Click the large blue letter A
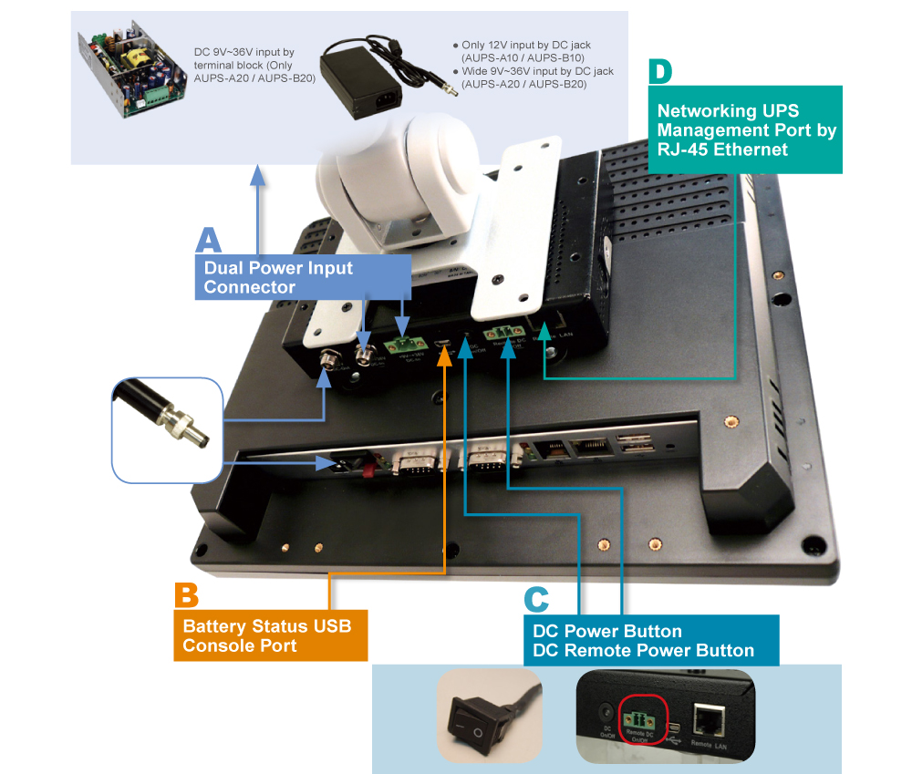pyautogui.click(x=209, y=240)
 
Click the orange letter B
pyautogui.click(x=186, y=594)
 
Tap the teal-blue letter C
pyautogui.click(x=536, y=599)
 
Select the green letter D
pyautogui.click(x=660, y=72)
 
